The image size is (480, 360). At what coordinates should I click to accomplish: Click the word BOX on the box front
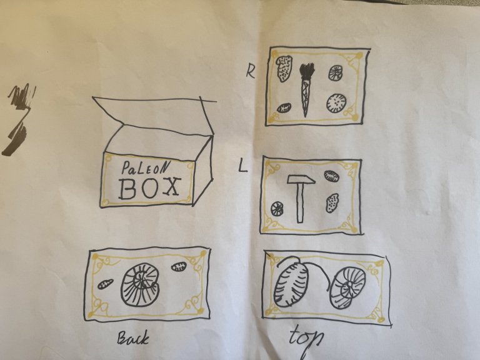pyautogui.click(x=149, y=187)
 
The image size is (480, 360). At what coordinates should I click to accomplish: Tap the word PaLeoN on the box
pyautogui.click(x=146, y=167)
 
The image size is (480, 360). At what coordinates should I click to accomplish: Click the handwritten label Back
pyautogui.click(x=133, y=337)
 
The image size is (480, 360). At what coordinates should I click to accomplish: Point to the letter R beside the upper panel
pyautogui.click(x=251, y=72)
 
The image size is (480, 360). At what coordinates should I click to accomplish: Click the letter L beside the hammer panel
pyautogui.click(x=242, y=166)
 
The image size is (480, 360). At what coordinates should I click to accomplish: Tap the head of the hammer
pyautogui.click(x=301, y=180)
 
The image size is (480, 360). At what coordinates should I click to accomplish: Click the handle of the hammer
pyautogui.click(x=300, y=202)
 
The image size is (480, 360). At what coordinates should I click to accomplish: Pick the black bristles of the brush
pyautogui.click(x=307, y=71)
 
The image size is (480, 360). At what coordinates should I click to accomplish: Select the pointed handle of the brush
pyautogui.click(x=306, y=97)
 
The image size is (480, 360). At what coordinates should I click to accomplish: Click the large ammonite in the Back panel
pyautogui.click(x=140, y=284)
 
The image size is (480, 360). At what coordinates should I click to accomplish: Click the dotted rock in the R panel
pyautogui.click(x=284, y=69)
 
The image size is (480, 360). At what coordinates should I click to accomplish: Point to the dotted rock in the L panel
pyautogui.click(x=332, y=202)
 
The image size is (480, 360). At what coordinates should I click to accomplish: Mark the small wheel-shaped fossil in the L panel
pyautogui.click(x=278, y=208)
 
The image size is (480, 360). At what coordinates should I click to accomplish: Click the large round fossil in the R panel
pyautogui.click(x=336, y=103)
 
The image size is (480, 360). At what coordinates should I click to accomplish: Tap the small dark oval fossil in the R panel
pyautogui.click(x=284, y=107)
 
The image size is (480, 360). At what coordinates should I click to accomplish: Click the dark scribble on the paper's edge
pyautogui.click(x=18, y=119)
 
